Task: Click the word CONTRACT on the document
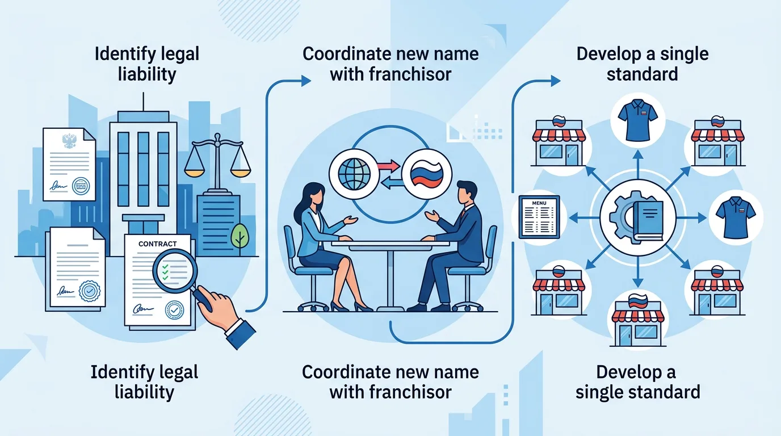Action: coord(157,244)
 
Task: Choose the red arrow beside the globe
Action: coord(388,165)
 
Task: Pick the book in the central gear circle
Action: coord(648,219)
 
